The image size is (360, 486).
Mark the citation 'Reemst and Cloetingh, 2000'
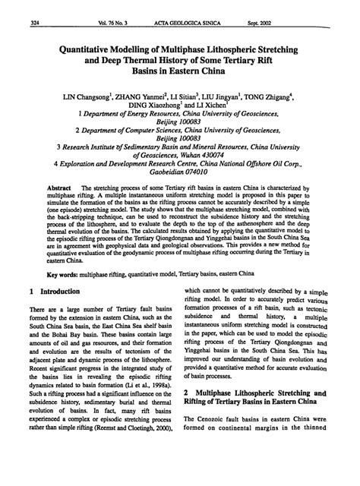point(138,475)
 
